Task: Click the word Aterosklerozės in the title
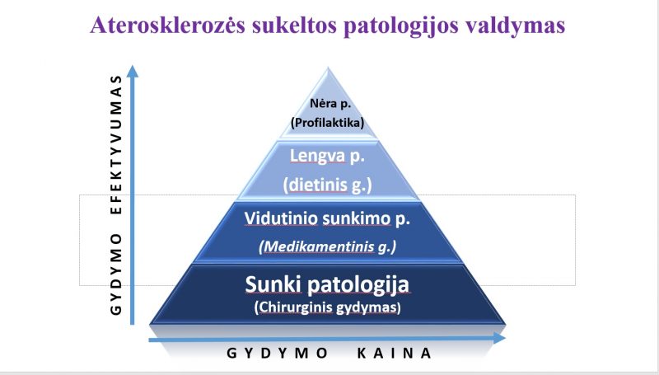tap(168, 25)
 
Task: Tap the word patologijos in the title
tap(400, 26)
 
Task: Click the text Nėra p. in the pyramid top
tap(330, 103)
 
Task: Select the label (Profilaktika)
tap(327, 122)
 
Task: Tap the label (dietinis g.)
tap(327, 185)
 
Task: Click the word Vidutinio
tap(281, 218)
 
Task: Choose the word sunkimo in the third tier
tap(357, 219)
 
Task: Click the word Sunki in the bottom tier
tap(273, 284)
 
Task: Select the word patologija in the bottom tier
tap(358, 285)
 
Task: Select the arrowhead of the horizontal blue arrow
tap(499, 338)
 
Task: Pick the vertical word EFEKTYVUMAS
tap(116, 145)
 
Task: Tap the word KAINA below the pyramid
tap(395, 353)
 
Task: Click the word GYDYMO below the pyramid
tap(278, 353)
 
